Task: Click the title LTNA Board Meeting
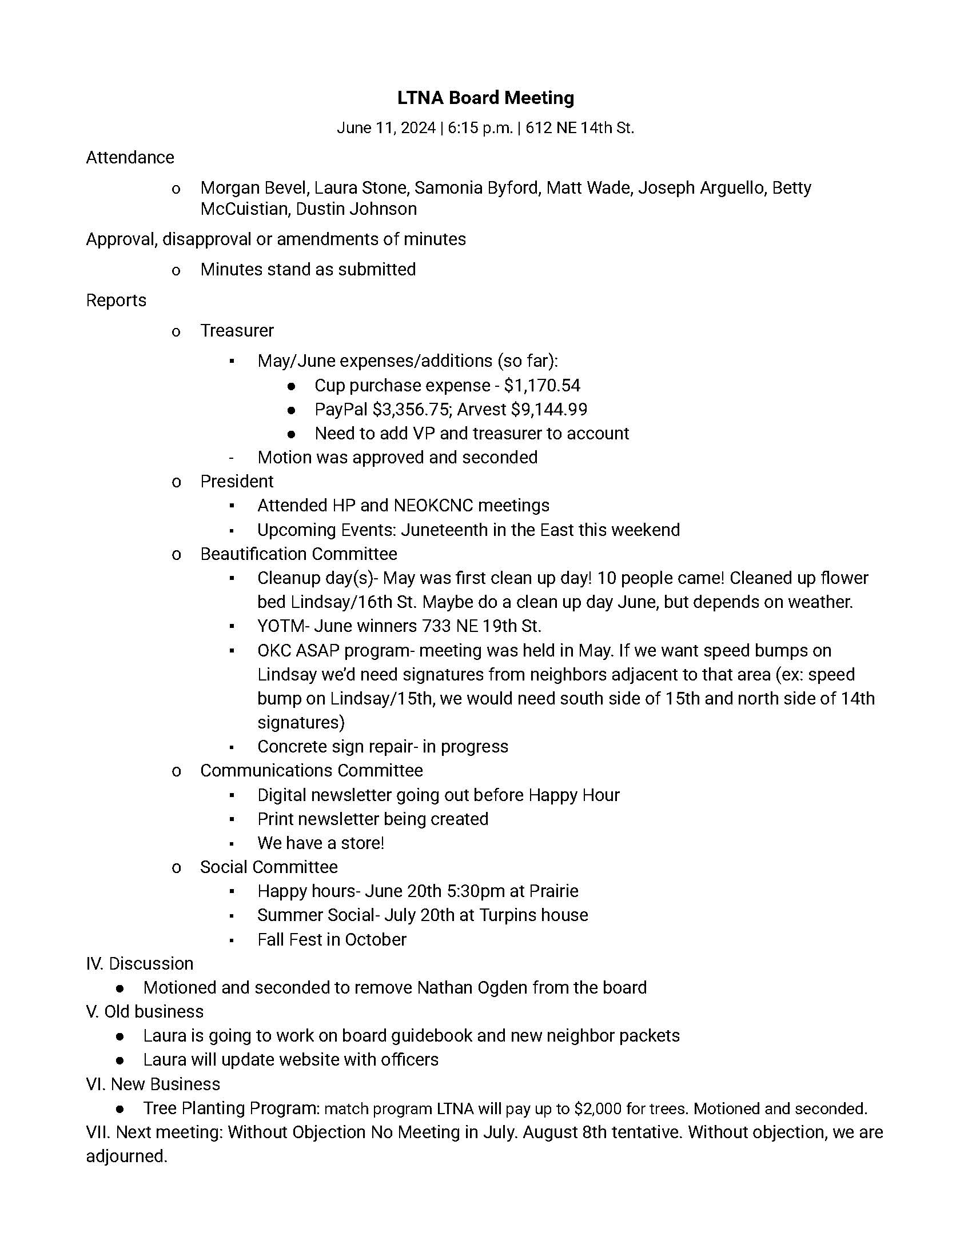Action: coord(485,98)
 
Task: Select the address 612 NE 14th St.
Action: coord(579,128)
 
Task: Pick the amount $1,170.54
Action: coord(542,385)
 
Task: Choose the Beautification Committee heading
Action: coord(298,554)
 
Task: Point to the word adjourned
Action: coord(126,1156)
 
